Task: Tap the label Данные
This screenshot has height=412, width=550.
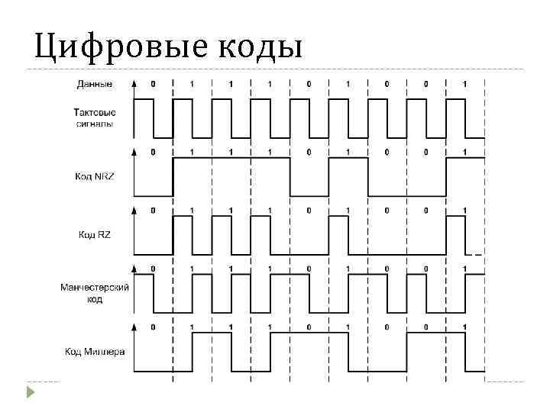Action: click(95, 82)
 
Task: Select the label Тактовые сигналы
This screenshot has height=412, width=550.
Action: click(95, 117)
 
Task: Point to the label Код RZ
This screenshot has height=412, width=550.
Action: click(95, 234)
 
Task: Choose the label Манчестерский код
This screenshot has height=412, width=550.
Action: click(95, 293)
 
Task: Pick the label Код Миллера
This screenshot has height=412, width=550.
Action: click(95, 352)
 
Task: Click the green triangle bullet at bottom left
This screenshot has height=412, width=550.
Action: click(30, 393)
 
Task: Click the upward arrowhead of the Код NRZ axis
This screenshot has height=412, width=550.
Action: click(134, 151)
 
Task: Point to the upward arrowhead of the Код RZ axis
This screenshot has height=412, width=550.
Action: click(134, 209)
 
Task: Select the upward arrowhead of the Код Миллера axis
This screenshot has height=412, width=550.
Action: click(134, 327)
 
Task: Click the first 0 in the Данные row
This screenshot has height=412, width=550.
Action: click(153, 82)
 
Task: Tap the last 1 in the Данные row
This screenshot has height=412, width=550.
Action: click(464, 82)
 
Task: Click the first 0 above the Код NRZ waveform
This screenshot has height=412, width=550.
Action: click(153, 152)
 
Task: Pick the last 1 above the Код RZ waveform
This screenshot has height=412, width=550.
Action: click(464, 210)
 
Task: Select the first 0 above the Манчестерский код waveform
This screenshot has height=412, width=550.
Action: click(153, 268)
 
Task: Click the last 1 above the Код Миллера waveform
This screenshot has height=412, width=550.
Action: click(464, 327)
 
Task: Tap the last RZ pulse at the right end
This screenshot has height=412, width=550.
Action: click(455, 235)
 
